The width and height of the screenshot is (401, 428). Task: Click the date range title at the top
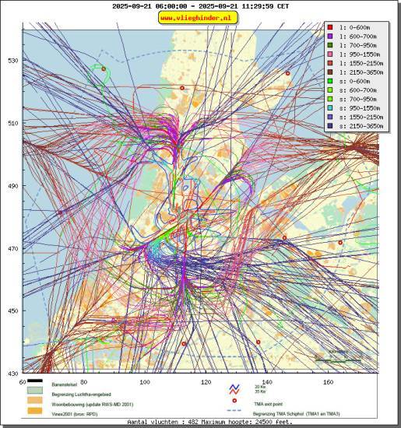pyautogui.click(x=200, y=5)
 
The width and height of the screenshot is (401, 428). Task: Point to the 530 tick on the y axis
pyautogui.click(x=12, y=60)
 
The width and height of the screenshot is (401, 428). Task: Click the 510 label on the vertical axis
pyautogui.click(x=12, y=123)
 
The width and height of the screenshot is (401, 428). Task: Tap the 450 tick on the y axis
pyautogui.click(x=12, y=311)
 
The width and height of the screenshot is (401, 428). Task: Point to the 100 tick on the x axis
pyautogui.click(x=144, y=382)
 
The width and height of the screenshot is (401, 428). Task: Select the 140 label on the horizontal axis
pyautogui.click(x=267, y=382)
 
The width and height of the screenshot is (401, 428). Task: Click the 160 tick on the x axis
pyautogui.click(x=328, y=382)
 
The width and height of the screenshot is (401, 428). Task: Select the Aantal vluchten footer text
pyautogui.click(x=200, y=422)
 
